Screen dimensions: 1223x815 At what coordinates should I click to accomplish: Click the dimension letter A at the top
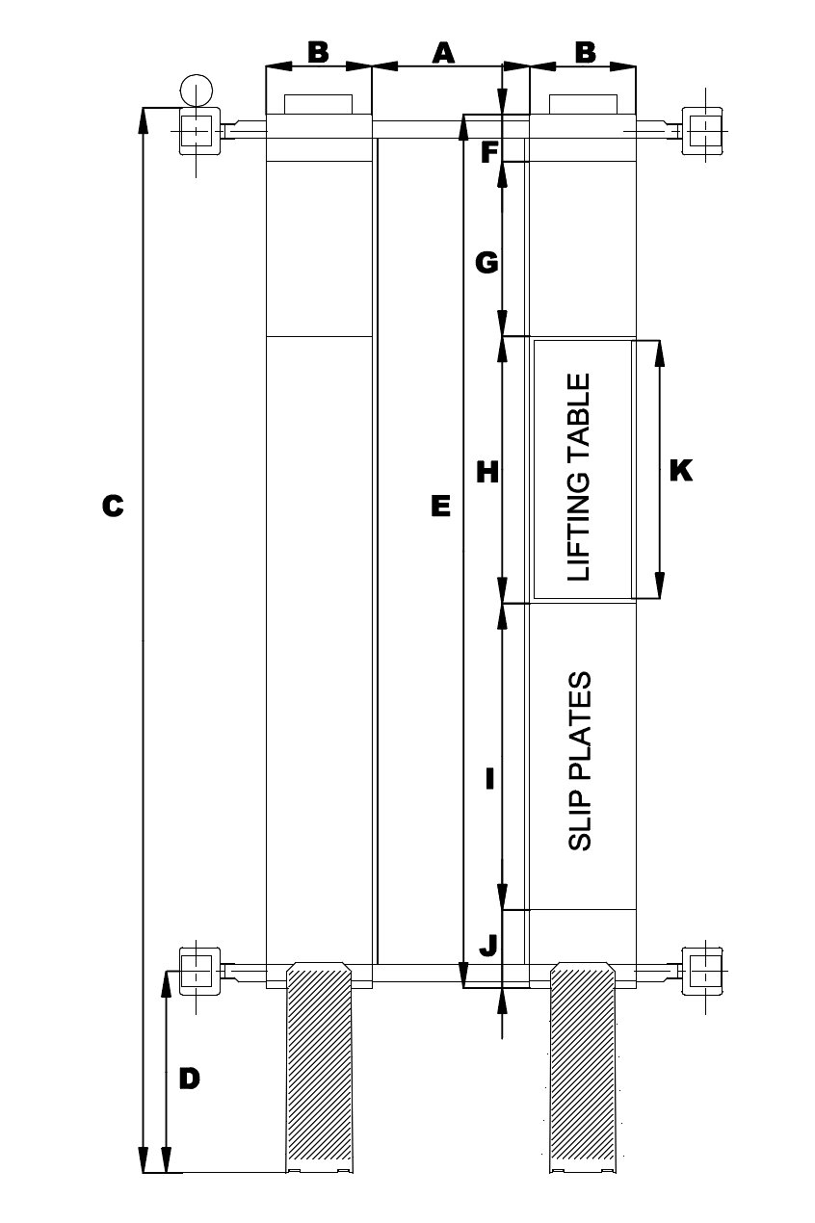(x=442, y=52)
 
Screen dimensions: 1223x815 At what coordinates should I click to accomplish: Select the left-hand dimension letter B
(x=318, y=52)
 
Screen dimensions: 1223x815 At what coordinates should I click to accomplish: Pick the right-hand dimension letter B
(x=585, y=52)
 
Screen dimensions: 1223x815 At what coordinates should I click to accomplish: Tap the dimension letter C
(x=113, y=506)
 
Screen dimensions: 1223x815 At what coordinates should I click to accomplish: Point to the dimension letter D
(x=190, y=1079)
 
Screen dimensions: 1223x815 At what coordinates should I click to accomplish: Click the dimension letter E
(x=440, y=506)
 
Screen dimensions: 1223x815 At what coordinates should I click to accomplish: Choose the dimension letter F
(x=488, y=152)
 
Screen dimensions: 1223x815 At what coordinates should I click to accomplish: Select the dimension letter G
(x=487, y=262)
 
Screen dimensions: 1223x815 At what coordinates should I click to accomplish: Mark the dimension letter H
(x=487, y=472)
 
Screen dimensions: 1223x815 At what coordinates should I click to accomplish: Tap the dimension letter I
(x=489, y=778)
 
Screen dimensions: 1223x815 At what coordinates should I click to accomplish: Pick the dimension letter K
(x=680, y=471)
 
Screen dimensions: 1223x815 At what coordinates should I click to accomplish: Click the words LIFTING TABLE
(x=578, y=477)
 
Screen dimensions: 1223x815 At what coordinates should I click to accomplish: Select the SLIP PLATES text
(x=579, y=761)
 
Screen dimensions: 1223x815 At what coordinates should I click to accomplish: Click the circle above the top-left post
(x=196, y=91)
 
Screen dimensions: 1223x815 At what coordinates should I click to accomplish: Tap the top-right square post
(x=703, y=129)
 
